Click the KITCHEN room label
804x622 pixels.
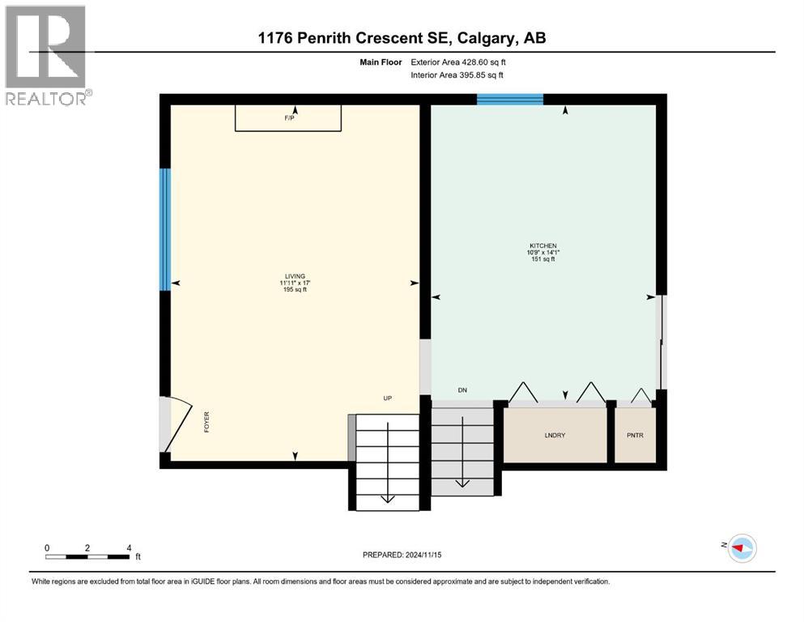(542, 245)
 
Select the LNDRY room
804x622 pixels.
(555, 435)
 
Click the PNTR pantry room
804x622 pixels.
(635, 435)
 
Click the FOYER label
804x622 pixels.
(207, 422)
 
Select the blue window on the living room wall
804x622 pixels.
(164, 229)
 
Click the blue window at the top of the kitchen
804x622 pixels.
(509, 99)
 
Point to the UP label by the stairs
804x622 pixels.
(388, 398)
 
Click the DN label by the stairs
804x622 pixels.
(462, 390)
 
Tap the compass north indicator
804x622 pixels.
(740, 548)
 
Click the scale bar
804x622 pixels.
(87, 556)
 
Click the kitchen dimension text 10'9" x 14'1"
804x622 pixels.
(542, 253)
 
